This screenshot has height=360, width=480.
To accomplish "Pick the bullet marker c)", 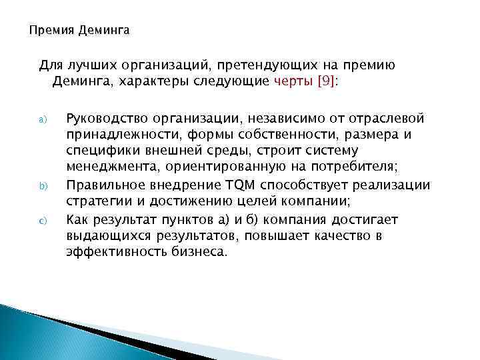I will pyautogui.click(x=39, y=220).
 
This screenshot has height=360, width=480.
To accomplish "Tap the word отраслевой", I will pyautogui.click(x=387, y=119).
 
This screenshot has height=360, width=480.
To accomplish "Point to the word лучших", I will pyautogui.click(x=87, y=65).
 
